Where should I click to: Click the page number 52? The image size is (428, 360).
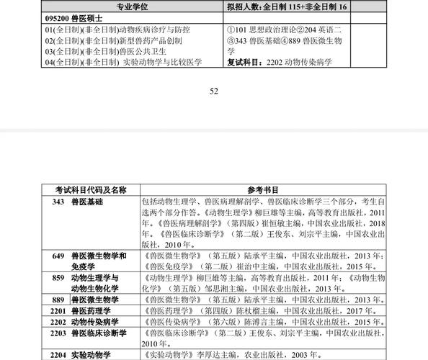click(213, 91)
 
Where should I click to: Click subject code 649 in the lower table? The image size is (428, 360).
click(58, 256)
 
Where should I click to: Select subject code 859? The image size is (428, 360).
click(58, 277)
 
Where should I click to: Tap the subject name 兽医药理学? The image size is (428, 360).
click(94, 310)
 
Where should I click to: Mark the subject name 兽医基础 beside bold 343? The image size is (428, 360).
click(86, 202)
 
